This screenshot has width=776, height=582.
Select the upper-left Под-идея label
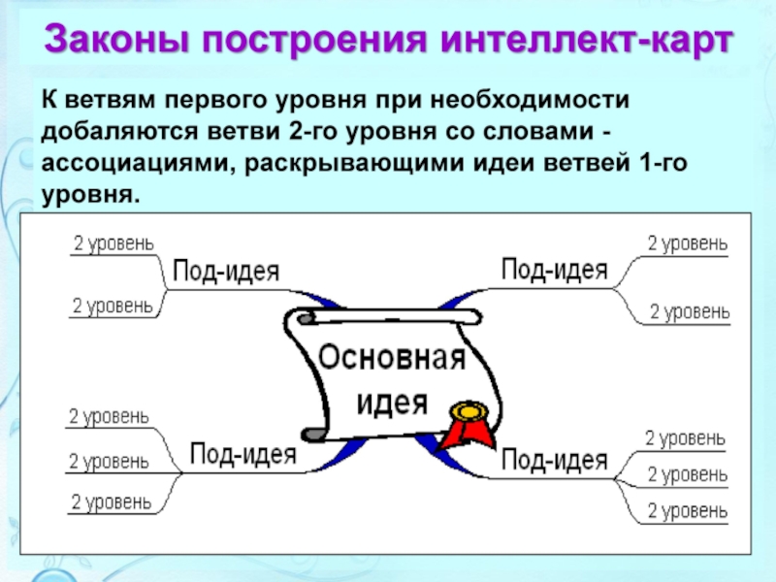pos(225,271)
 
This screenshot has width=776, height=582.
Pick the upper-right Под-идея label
pos(554,268)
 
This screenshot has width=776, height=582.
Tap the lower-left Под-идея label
pos(241,453)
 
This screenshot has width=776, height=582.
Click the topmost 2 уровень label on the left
pos(113,242)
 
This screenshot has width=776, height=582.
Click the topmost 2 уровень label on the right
pos(688,243)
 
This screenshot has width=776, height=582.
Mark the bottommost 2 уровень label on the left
pos(111,501)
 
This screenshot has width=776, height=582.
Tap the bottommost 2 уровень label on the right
pos(688,509)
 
